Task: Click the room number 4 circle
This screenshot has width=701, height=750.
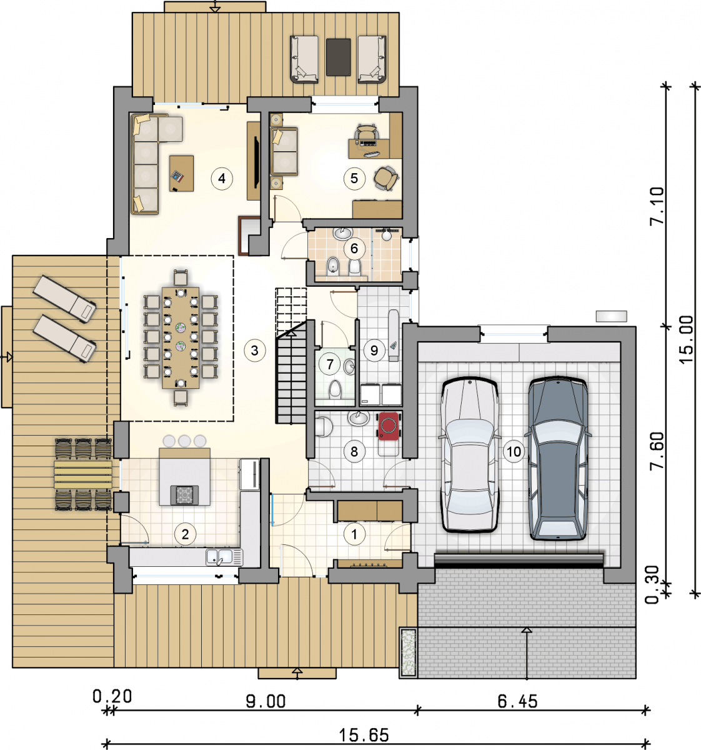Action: click(x=222, y=178)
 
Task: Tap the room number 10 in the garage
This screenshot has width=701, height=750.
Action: click(x=514, y=451)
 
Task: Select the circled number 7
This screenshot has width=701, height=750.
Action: click(x=330, y=364)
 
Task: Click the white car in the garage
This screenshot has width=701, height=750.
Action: click(x=469, y=454)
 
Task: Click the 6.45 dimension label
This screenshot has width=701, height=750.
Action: click(x=517, y=691)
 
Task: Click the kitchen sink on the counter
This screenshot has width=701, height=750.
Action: click(x=225, y=557)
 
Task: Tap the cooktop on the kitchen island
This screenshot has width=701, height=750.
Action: click(x=184, y=495)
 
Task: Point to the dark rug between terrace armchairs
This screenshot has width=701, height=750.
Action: click(x=339, y=57)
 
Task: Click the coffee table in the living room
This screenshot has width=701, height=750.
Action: click(x=182, y=174)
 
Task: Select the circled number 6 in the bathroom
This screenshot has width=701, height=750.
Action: click(x=354, y=248)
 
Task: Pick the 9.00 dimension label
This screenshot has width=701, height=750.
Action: click(x=266, y=691)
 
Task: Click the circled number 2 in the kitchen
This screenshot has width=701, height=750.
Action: click(x=185, y=534)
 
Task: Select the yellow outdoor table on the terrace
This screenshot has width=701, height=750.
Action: click(x=83, y=474)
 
